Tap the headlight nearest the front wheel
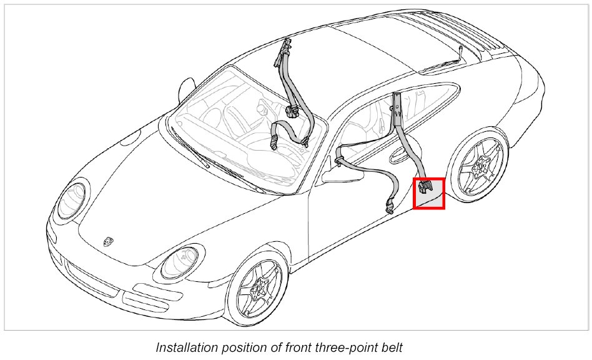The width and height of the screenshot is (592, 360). [x=179, y=262]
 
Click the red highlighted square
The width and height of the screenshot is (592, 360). [x=429, y=193]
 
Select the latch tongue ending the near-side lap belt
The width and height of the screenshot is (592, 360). [x=388, y=206]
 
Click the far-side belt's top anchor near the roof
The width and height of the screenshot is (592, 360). [x=287, y=47]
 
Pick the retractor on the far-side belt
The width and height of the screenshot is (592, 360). [x=291, y=112]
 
